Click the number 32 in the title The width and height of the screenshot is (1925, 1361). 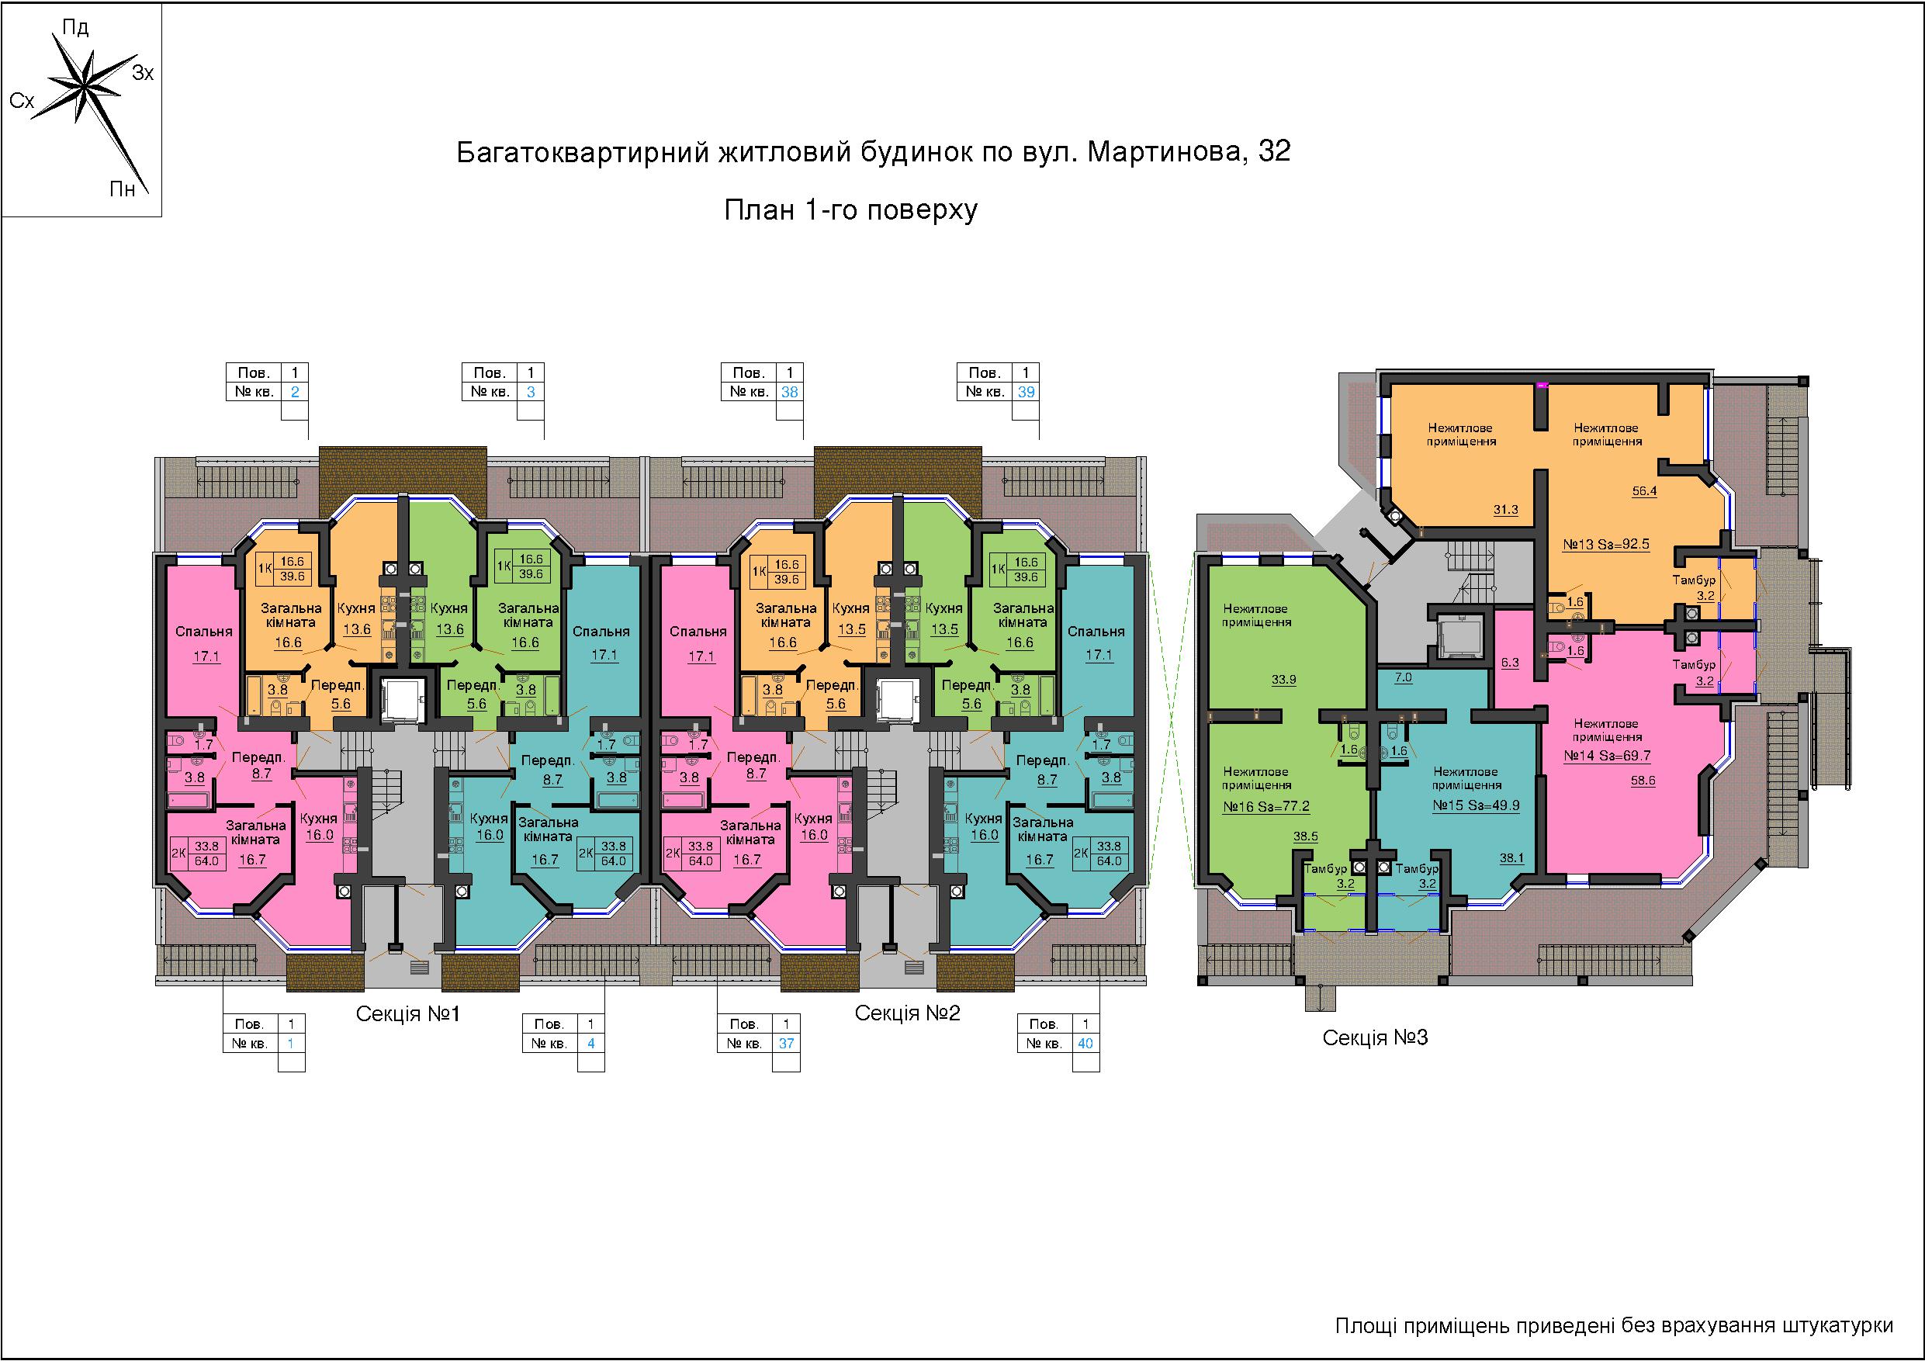[1274, 152]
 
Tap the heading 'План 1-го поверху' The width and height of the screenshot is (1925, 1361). [851, 209]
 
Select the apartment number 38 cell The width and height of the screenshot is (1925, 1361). [789, 392]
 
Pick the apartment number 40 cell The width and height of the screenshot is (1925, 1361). [1085, 1043]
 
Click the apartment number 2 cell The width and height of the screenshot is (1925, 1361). [294, 392]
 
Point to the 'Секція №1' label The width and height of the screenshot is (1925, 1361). [408, 1014]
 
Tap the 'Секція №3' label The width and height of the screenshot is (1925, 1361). [1375, 1037]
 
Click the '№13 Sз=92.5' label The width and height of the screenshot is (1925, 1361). [1605, 543]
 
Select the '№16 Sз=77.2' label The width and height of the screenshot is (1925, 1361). [1266, 807]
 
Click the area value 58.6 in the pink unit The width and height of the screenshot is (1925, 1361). [1643, 780]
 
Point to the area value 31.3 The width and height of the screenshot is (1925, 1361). [1506, 509]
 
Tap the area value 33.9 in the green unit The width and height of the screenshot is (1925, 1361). [1283, 679]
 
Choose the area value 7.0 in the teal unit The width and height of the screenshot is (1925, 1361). [1404, 677]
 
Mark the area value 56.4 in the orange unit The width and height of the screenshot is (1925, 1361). [1644, 490]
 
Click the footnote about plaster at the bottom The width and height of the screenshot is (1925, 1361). [1614, 1326]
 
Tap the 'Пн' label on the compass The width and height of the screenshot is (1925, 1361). [123, 189]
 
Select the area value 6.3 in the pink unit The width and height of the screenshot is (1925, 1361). [1510, 663]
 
